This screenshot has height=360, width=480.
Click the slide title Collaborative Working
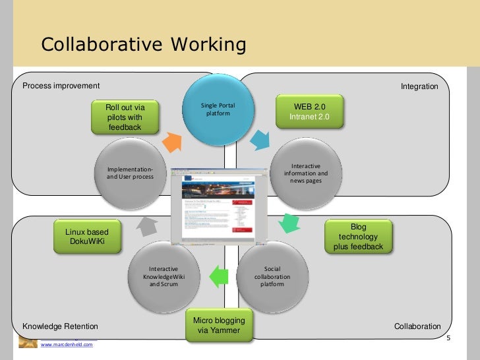click(x=143, y=45)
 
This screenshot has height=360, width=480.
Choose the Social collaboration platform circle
click(x=272, y=278)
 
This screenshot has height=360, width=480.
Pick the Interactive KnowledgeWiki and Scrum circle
click(x=164, y=277)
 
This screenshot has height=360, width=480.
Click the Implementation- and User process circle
click(x=130, y=172)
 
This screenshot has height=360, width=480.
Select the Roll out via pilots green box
click(x=125, y=117)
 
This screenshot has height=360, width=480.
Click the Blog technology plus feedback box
click(x=358, y=237)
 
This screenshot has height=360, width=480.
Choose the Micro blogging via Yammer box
click(x=219, y=325)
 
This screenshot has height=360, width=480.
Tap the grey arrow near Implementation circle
click(x=146, y=226)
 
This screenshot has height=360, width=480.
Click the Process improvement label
click(x=61, y=86)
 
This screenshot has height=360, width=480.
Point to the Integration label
click(x=419, y=86)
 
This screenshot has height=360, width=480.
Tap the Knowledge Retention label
click(x=61, y=326)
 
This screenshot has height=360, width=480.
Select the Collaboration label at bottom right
click(x=417, y=326)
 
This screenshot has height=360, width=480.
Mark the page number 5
click(x=448, y=339)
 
